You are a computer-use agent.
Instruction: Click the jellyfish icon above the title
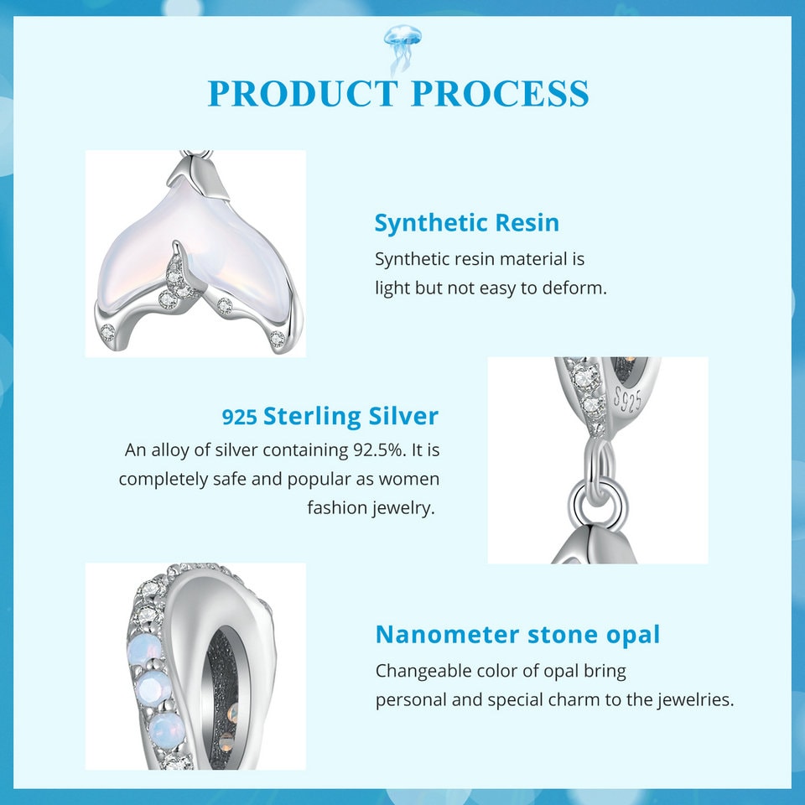(402, 46)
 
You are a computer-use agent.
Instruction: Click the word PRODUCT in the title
(303, 93)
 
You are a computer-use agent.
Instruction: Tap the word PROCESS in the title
(500, 93)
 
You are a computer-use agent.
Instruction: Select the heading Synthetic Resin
(467, 223)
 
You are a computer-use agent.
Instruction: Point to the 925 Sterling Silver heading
(330, 417)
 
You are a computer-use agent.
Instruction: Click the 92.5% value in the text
(377, 450)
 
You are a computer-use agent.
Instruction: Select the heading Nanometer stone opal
(517, 635)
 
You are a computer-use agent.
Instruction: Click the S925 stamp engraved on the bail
(627, 398)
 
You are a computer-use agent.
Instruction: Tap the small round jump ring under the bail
(599, 501)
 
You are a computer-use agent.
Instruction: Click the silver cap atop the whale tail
(198, 177)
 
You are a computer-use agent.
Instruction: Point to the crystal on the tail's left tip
(108, 330)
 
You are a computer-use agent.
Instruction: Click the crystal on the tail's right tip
(278, 338)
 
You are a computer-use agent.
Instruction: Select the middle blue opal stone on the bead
(152, 687)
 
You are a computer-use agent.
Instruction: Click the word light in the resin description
(392, 288)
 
